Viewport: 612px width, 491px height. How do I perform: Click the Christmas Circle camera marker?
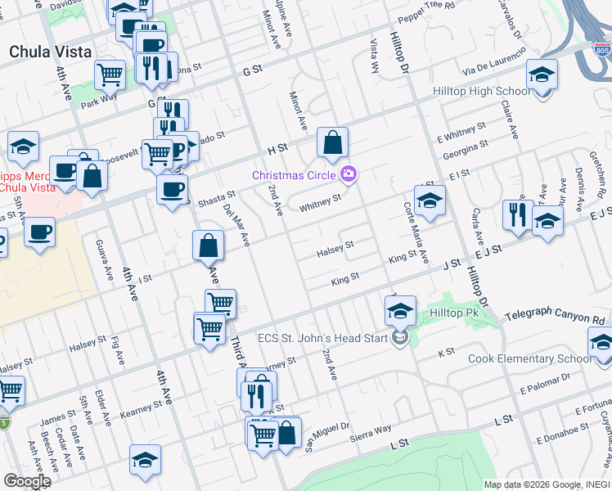point(349,173)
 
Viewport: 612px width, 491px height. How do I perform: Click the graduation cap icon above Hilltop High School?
point(542,77)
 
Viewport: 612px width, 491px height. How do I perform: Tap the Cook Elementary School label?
point(529,359)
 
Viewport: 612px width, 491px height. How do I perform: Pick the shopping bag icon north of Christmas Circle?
point(333,144)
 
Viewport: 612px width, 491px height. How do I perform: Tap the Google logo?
point(27,481)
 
